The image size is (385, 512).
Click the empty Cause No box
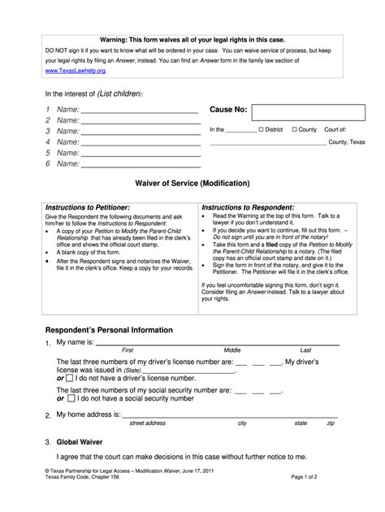coord(302,112)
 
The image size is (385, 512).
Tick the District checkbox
coord(260,129)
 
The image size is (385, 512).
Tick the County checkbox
coord(293,129)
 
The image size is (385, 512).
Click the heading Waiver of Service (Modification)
coord(192,183)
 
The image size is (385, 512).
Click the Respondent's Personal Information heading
coord(108,330)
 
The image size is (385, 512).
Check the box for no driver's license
coord(71,379)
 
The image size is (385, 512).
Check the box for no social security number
coord(71,399)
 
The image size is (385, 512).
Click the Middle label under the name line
coord(232,349)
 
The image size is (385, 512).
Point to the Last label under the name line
coord(305,349)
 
